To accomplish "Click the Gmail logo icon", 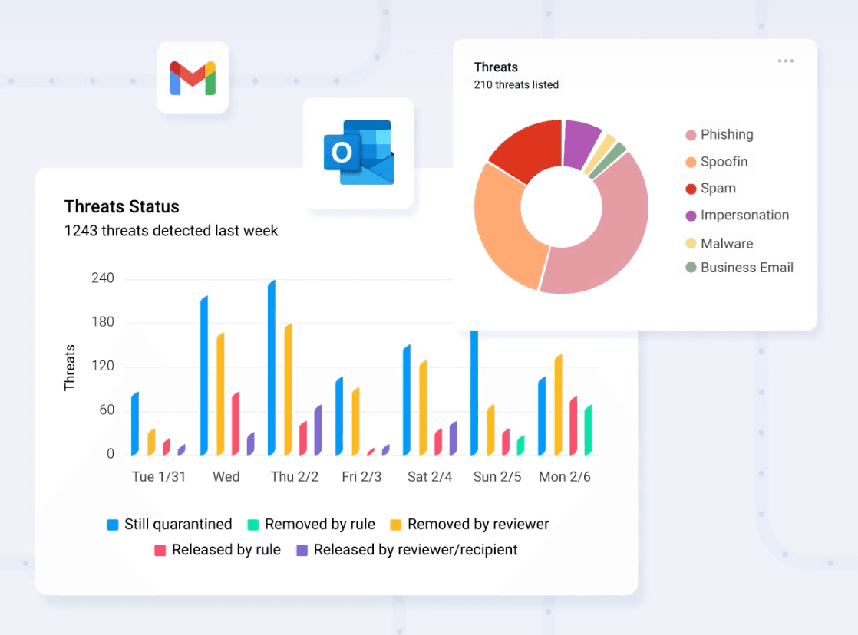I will point(193,77).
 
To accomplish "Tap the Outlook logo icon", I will point(358,153).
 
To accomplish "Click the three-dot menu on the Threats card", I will point(785,61).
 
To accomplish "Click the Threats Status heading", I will point(121,206).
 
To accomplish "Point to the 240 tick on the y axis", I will point(102,278).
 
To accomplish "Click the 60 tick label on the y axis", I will point(106,410).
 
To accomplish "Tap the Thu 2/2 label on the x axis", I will point(295,477).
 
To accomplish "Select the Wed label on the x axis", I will point(226,477).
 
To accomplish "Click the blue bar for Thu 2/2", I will point(272,368).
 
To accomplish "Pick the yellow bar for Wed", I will point(220,394).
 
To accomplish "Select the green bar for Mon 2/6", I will point(588,430).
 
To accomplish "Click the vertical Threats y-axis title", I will point(70,368).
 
